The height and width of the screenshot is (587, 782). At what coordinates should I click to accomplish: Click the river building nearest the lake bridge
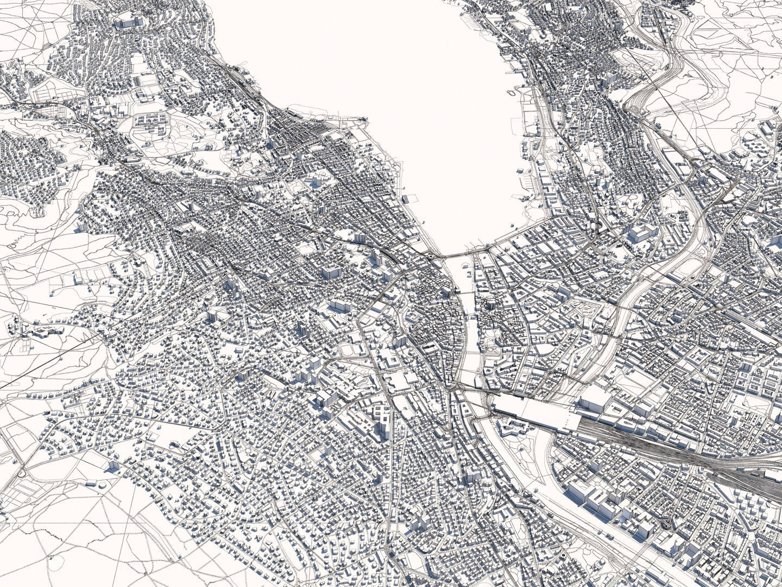466,266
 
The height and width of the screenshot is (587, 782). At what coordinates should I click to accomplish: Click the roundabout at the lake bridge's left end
432,254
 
